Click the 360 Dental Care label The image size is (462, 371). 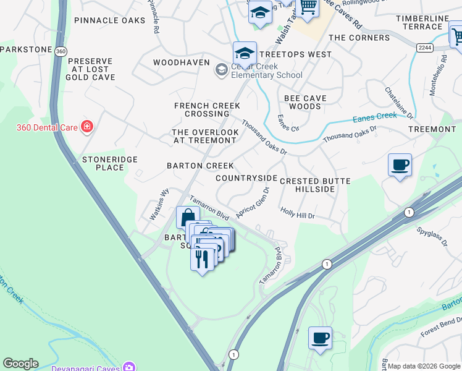46,128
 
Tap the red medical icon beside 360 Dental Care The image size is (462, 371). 87,127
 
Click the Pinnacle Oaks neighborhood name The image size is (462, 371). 109,20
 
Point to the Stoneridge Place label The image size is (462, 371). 110,163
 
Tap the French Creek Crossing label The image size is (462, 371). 207,109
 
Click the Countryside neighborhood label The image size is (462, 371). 246,178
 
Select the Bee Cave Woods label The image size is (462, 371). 305,102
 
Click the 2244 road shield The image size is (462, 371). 423,48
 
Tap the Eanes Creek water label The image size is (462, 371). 375,116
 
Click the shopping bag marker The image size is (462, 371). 187,217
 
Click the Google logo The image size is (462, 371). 20,364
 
